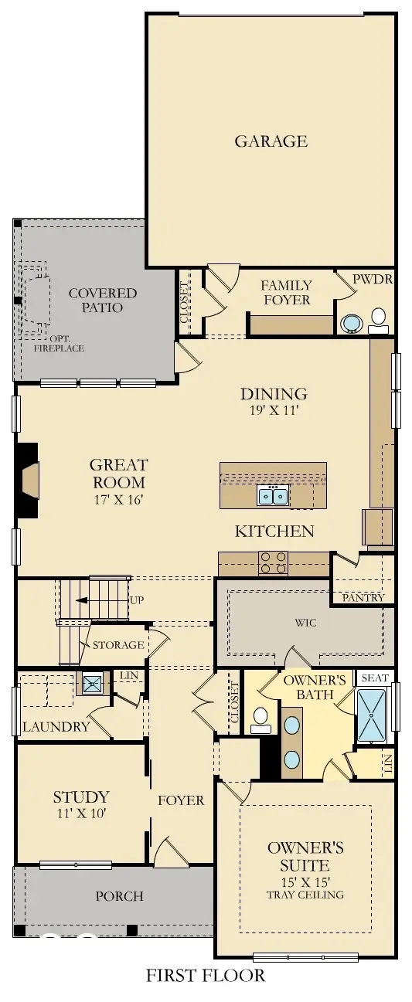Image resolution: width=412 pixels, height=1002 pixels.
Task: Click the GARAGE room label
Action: pyautogui.click(x=271, y=141)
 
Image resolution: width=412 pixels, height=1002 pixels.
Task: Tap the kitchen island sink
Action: pyautogui.click(x=273, y=495)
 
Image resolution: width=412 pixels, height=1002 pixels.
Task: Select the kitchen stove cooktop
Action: pyautogui.click(x=272, y=562)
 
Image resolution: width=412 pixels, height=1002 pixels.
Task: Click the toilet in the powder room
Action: pyautogui.click(x=379, y=318)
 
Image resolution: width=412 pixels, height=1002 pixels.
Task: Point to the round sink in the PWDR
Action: pyautogui.click(x=352, y=322)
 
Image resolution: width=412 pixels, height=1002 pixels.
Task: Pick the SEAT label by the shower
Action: pyautogui.click(x=375, y=678)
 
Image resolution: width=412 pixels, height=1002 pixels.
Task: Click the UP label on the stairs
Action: pyautogui.click(x=138, y=600)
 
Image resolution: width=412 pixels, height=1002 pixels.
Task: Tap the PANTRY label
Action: pyautogui.click(x=363, y=597)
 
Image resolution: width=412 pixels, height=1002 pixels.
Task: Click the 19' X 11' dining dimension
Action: pyautogui.click(x=273, y=411)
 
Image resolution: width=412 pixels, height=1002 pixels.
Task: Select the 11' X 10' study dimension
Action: pyautogui.click(x=80, y=813)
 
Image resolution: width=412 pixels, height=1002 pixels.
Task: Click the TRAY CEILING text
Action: pyautogui.click(x=305, y=895)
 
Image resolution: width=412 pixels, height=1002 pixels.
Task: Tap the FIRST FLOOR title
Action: pyautogui.click(x=206, y=976)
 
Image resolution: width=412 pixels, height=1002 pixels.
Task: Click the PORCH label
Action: pyautogui.click(x=119, y=896)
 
